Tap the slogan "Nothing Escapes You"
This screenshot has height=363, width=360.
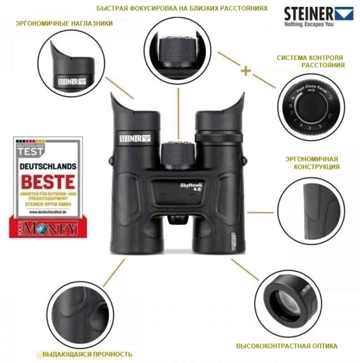point(309,25)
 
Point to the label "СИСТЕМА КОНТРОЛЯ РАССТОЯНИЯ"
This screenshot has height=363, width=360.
point(310,61)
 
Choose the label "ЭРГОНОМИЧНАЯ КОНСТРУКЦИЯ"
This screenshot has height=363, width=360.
point(312,163)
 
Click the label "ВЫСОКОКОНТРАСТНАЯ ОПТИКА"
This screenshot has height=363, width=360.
point(287,346)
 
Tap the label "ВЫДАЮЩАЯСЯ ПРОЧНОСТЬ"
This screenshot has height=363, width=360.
point(87,354)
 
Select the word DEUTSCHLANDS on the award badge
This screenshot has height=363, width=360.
point(48,167)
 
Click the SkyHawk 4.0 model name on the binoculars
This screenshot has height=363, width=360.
point(191,187)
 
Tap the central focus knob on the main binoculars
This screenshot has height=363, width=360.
point(177,155)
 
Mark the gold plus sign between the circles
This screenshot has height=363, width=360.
point(246,71)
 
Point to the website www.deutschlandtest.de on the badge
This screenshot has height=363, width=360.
point(48,212)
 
